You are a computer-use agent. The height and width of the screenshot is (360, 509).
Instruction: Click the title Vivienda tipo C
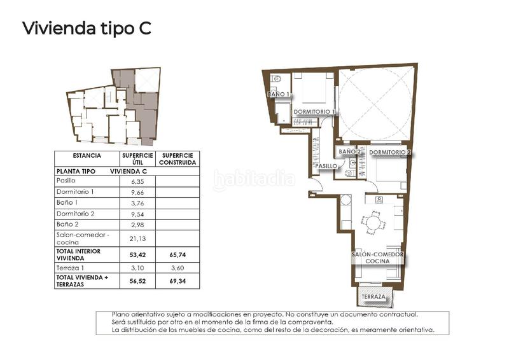(87, 29)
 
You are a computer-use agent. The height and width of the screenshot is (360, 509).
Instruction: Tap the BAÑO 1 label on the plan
(279, 94)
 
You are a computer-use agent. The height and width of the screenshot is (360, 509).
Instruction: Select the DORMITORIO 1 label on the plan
(314, 112)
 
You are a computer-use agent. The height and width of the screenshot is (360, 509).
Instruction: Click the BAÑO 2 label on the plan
(349, 152)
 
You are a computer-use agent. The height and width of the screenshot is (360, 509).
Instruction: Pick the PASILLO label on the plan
(325, 166)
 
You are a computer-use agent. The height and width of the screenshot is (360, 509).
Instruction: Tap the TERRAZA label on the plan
(373, 297)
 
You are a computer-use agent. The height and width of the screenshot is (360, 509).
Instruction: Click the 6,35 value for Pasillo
(137, 181)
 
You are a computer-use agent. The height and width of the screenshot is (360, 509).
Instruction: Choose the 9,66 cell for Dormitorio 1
(137, 191)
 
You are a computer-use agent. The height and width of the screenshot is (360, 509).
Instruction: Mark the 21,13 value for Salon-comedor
(137, 239)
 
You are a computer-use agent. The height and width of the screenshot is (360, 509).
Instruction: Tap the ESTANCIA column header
(87, 155)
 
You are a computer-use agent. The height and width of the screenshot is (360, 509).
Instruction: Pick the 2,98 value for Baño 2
(137, 225)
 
